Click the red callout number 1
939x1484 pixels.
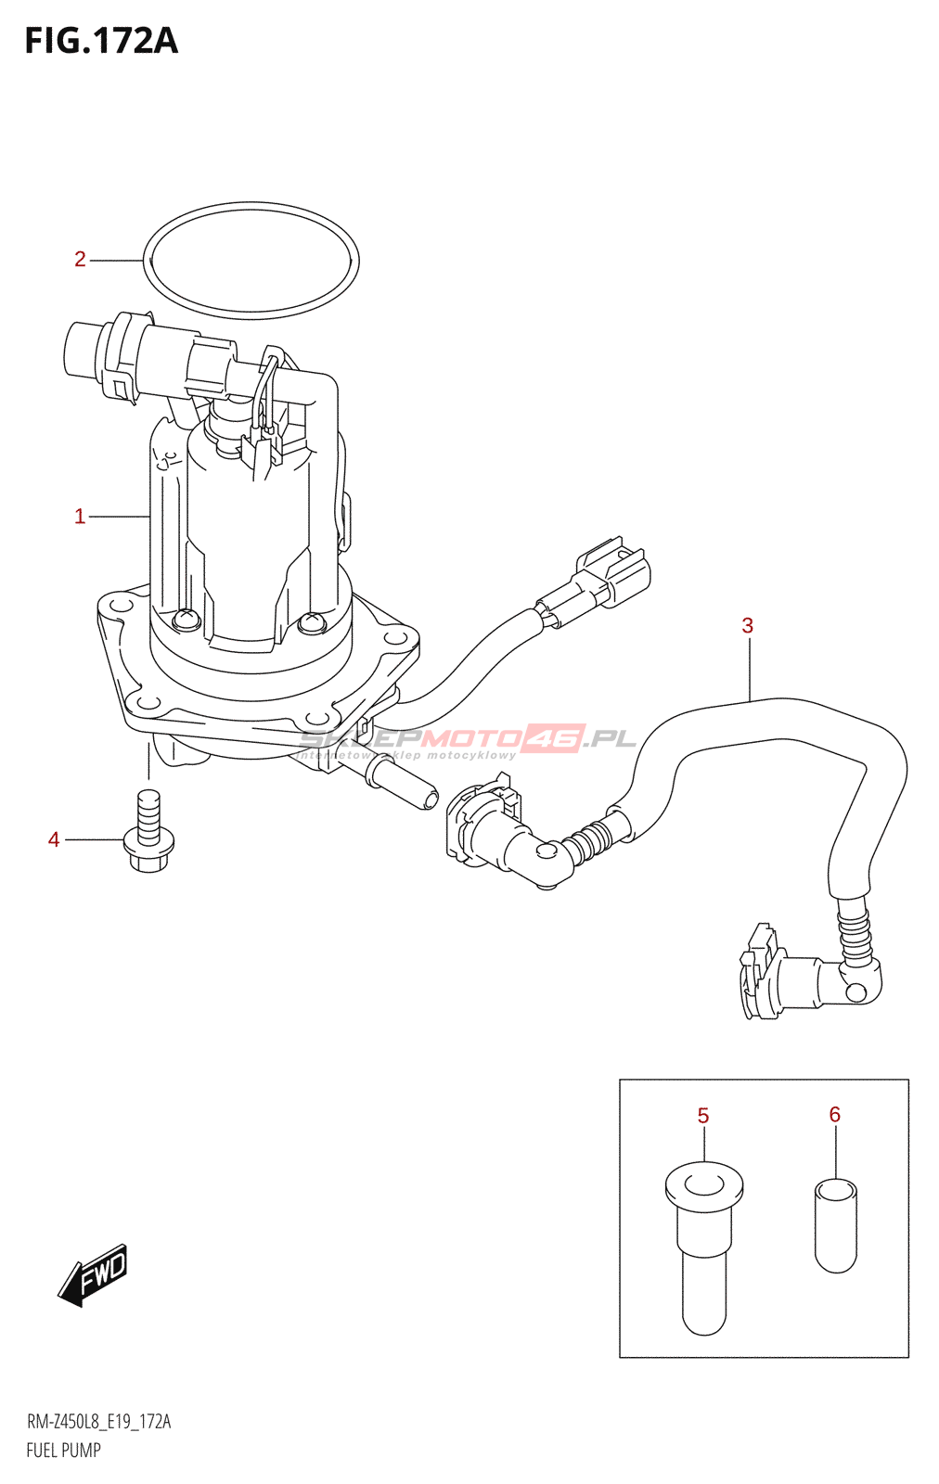click(x=80, y=517)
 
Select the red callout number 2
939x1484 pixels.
click(x=80, y=260)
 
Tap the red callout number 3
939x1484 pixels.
click(x=748, y=626)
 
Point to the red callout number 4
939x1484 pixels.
click(x=54, y=840)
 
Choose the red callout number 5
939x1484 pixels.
click(x=703, y=1116)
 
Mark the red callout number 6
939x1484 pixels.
click(x=835, y=1115)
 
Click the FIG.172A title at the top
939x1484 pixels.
click(x=101, y=41)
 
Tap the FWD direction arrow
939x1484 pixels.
click(x=94, y=1274)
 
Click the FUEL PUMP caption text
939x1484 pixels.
click(x=63, y=1451)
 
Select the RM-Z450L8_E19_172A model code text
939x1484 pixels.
click(x=98, y=1422)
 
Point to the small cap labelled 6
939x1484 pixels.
click(x=836, y=1224)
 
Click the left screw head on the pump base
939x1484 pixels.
click(x=186, y=619)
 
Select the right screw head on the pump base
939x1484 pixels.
click(x=311, y=621)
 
